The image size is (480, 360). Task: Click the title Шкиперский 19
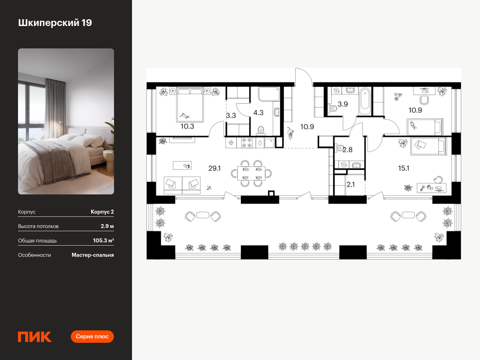coord(55,23)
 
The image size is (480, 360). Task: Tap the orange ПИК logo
coord(35,337)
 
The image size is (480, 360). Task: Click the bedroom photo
coord(66,121)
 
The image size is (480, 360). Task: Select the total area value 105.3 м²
coord(104,240)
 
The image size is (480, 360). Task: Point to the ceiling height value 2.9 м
coord(107,226)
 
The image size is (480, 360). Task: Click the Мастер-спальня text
coord(93,255)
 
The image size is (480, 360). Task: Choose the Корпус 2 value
coord(102,212)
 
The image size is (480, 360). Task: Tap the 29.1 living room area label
coord(214,168)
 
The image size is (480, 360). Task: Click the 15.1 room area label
coord(404,168)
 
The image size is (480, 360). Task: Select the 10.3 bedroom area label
coord(187,126)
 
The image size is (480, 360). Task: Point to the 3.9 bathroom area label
coord(343,104)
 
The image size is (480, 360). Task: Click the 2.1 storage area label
coord(350,184)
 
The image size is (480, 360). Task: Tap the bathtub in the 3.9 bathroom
coord(365,101)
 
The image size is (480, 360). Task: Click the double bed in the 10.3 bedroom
coord(190,104)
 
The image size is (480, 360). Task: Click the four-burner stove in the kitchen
coord(247,142)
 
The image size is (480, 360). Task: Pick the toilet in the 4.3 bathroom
coord(261,130)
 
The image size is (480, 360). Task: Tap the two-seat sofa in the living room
coord(182,185)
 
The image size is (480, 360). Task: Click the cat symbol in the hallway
coord(291,133)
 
